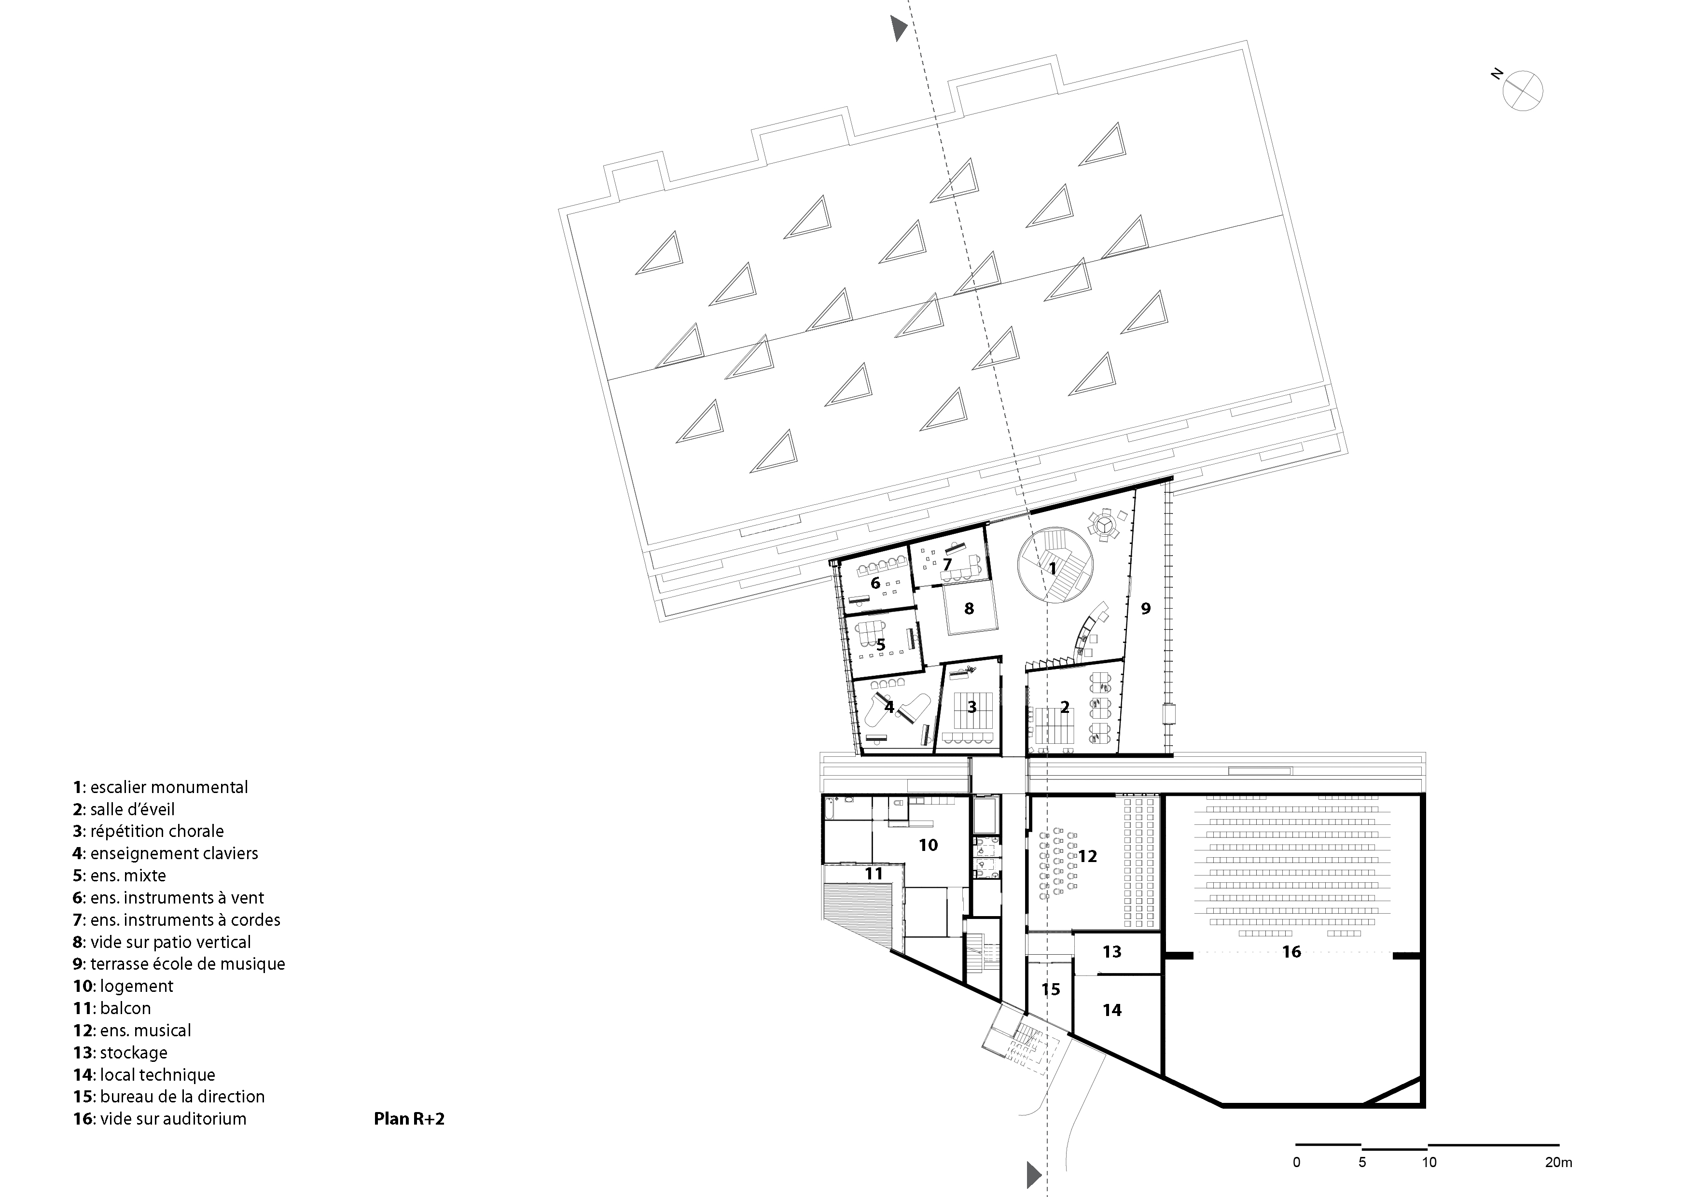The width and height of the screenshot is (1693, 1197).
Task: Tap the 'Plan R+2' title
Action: pos(409,1119)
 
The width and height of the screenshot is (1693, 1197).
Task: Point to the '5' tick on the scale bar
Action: pos(1362,1163)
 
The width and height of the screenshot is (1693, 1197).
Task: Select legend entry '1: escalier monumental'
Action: pos(161,787)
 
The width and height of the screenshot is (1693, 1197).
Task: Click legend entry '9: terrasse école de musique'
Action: pos(179,964)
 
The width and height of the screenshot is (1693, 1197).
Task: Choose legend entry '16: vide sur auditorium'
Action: pos(160,1119)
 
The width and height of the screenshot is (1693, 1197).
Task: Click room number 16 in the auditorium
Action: pos(1291,952)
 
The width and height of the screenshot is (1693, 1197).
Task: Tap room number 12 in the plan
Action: pos(1088,856)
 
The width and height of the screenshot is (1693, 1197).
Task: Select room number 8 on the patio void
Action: pos(969,609)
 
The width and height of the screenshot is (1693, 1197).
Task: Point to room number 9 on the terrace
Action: pos(1145,609)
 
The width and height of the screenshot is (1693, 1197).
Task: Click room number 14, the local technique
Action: pos(1112,1010)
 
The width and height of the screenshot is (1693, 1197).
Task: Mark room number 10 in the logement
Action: pos(928,845)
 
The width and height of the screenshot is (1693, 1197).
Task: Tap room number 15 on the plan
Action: pos(1051,989)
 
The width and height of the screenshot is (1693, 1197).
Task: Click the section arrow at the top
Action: pos(898,28)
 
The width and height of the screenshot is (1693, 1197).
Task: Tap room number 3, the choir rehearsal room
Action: pos(972,707)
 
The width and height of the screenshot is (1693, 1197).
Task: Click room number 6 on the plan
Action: pos(875,584)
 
